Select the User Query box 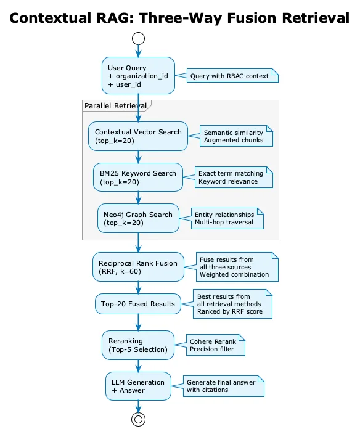click(138, 76)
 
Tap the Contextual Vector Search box click(138, 136)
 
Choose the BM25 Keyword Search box click(138, 178)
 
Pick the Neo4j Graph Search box click(138, 218)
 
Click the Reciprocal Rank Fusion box click(138, 267)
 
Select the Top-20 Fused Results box click(138, 304)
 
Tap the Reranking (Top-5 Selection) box click(138, 345)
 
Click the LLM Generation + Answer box click(138, 386)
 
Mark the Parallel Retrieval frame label click(116, 105)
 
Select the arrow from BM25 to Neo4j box click(138, 197)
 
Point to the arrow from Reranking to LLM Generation click(138, 366)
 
